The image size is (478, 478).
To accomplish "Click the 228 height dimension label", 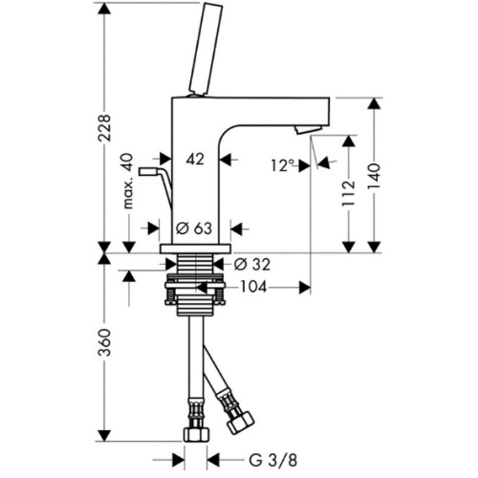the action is tap(104, 127).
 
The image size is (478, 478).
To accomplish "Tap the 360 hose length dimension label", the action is tap(104, 342).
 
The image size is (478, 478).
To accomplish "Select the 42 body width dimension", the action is tap(195, 159).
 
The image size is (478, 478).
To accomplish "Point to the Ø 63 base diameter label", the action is tap(194, 228).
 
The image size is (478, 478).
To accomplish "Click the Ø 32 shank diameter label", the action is tap(252, 264).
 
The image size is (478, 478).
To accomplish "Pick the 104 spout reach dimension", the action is tap(253, 287).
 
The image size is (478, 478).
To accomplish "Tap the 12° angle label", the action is tap(283, 165).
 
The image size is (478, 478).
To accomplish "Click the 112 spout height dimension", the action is tap(348, 193).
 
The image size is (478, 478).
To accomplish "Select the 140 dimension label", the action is tap(374, 177).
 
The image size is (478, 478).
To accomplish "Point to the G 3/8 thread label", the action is tap(272, 461).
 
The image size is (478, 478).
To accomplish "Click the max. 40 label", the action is tap(127, 181).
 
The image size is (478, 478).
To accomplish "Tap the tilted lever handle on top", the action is tap(205, 49).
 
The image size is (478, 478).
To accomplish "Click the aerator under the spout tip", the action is tap(308, 129).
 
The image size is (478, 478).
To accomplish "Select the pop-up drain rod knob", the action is tap(147, 172).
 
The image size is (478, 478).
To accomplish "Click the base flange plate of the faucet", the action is tap(195, 249).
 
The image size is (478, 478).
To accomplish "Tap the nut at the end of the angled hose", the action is tap(241, 423).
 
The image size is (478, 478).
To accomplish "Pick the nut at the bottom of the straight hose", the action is tap(196, 434).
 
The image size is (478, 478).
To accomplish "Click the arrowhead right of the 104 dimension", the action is tap(304, 288).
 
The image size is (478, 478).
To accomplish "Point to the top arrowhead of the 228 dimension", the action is tap(104, 9).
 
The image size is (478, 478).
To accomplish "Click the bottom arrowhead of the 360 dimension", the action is tap(104, 435).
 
